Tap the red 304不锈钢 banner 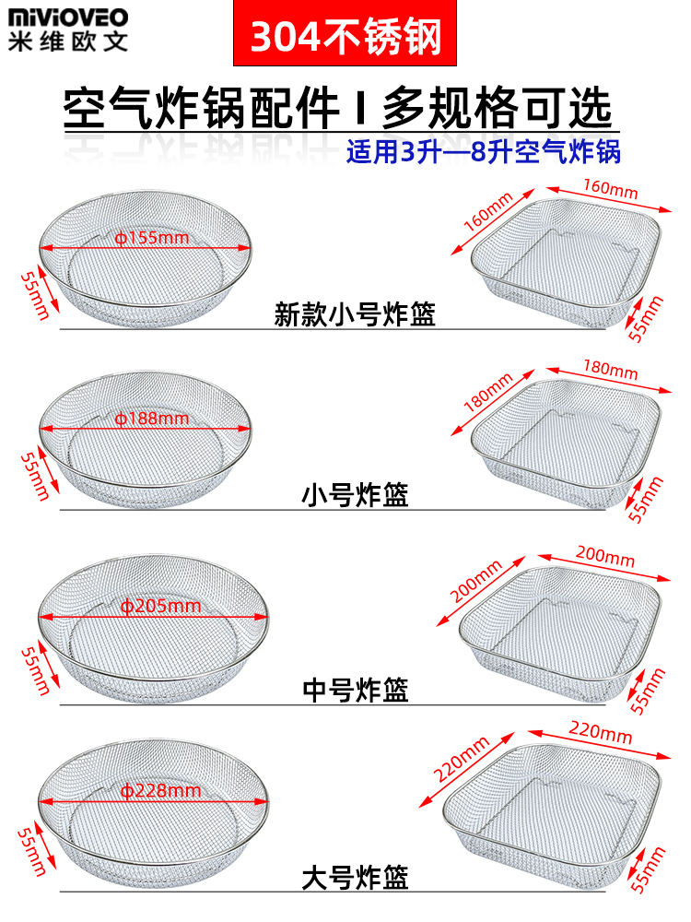tap(346, 35)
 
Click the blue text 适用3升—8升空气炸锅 tap(483, 150)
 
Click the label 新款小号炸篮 tap(355, 315)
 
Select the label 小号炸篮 tap(355, 496)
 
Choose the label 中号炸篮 tap(355, 689)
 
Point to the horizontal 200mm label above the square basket tap(604, 556)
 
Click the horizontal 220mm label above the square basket tap(602, 735)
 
